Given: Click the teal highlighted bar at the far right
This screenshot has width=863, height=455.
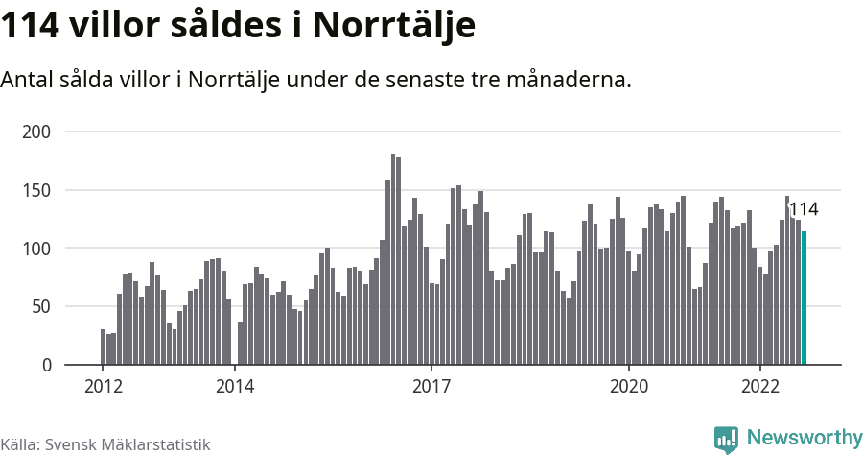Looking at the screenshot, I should (804, 299).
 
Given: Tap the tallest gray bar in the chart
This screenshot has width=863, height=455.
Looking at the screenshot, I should (393, 259).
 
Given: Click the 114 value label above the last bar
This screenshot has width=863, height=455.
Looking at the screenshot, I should (804, 210).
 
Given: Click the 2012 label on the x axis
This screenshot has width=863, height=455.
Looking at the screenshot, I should (103, 386).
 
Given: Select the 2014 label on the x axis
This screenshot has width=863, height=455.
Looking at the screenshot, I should (235, 386).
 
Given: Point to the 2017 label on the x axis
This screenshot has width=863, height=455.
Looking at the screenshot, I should (431, 386).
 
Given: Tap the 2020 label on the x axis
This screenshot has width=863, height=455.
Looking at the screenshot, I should (629, 386).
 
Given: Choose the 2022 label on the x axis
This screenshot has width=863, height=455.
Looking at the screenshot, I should (760, 386).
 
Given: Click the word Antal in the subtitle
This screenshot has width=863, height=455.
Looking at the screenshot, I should (28, 80).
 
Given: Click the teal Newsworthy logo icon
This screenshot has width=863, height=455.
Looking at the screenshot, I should (726, 439).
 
